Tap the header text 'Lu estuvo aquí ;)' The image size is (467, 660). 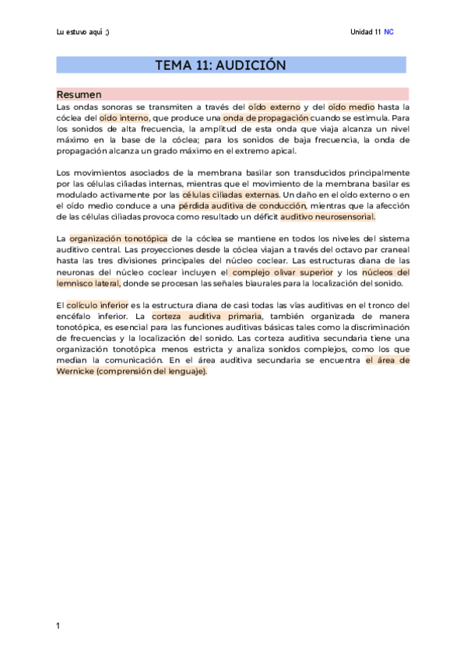pos(83,32)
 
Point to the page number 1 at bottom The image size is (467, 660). pos(58,625)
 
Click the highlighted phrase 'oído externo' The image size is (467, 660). pos(274,106)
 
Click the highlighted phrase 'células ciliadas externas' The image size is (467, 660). pos(230,195)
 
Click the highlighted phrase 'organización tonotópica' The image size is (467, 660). pos(118,238)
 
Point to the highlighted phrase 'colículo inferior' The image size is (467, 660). pos(97,305)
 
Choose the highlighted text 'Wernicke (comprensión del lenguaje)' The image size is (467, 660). pos(132,371)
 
